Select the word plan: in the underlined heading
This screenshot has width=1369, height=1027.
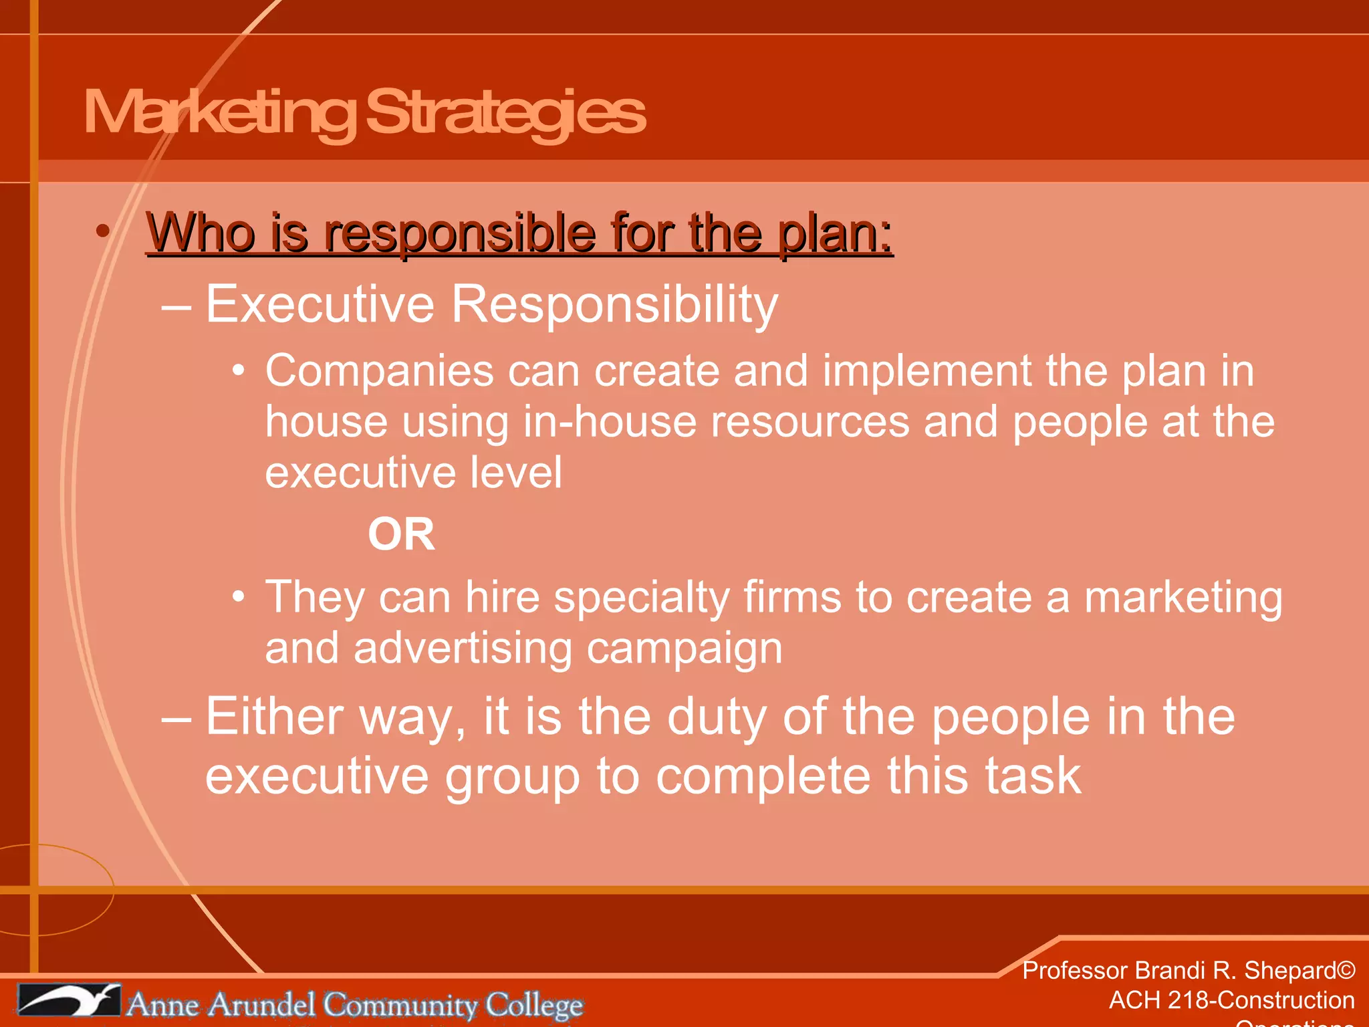835,233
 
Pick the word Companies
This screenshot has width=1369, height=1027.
379,372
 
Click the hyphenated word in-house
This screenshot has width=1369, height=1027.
609,423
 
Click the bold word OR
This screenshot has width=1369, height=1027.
401,535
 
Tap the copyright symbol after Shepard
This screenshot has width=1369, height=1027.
1346,971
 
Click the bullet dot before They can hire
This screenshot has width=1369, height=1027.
239,596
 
